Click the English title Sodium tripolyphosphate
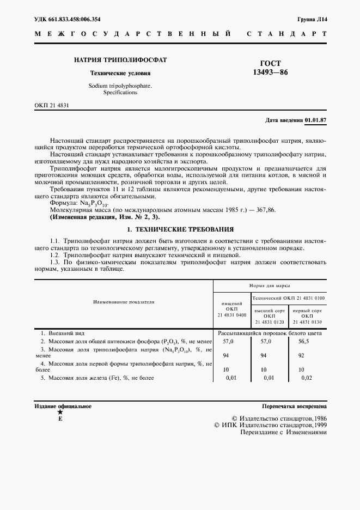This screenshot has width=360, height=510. [x=113, y=86]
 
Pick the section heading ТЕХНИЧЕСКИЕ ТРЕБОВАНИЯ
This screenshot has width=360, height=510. [x=185, y=229]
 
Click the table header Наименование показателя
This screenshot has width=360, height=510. [x=124, y=301]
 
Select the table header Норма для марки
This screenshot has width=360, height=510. [x=270, y=285]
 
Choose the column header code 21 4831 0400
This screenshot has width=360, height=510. [x=231, y=315]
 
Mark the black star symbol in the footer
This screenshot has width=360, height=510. [x=60, y=412]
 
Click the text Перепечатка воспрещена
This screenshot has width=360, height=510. [x=294, y=406]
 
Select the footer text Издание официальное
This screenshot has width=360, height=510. [x=63, y=406]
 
